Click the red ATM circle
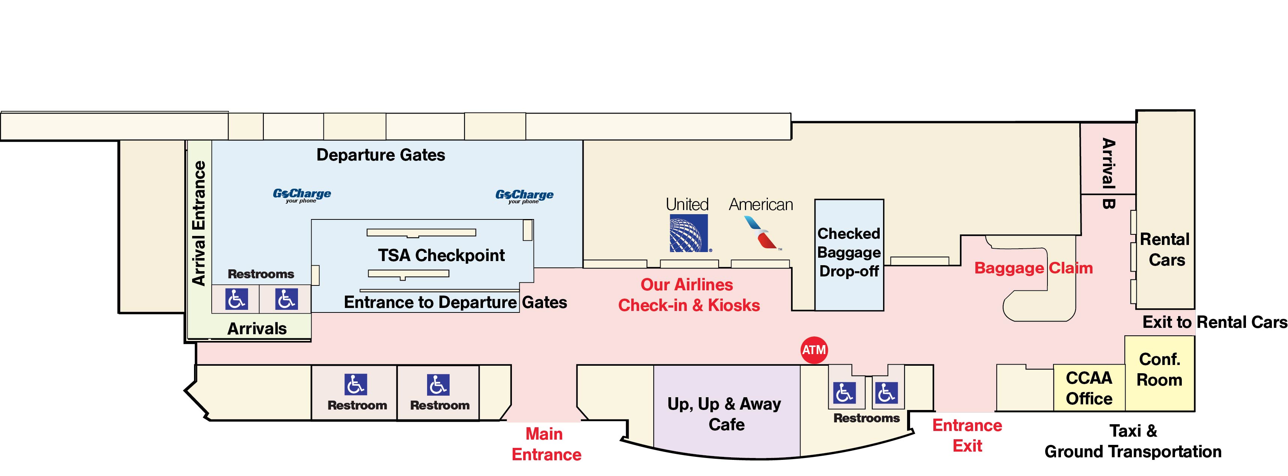(814, 350)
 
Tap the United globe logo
(689, 233)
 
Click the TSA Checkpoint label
(441, 255)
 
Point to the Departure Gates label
(381, 155)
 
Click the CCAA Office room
(1089, 388)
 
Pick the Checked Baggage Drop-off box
(849, 255)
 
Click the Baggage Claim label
(1034, 268)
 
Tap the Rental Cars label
(1166, 249)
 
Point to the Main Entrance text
(546, 444)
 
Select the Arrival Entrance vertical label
(199, 223)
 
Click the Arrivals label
(257, 329)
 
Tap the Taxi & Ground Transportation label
(1133, 441)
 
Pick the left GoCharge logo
(301, 195)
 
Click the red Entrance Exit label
(967, 435)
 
